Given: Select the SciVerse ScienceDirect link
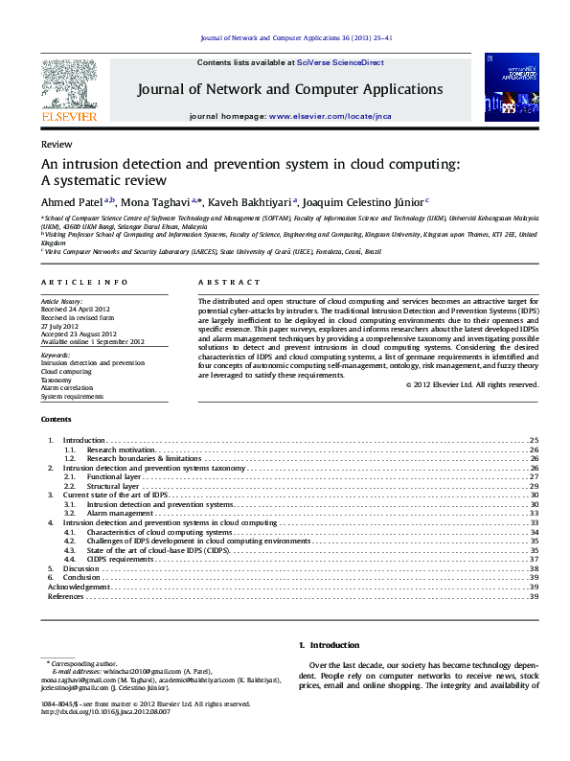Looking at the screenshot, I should coord(339,61).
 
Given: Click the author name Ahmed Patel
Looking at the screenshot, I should coord(72,201).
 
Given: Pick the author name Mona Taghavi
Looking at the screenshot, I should coord(154,201).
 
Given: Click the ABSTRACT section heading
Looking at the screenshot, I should coord(229,283).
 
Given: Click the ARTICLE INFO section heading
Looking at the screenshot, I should coord(84,283).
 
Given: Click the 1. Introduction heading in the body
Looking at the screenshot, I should coord(329,646).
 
